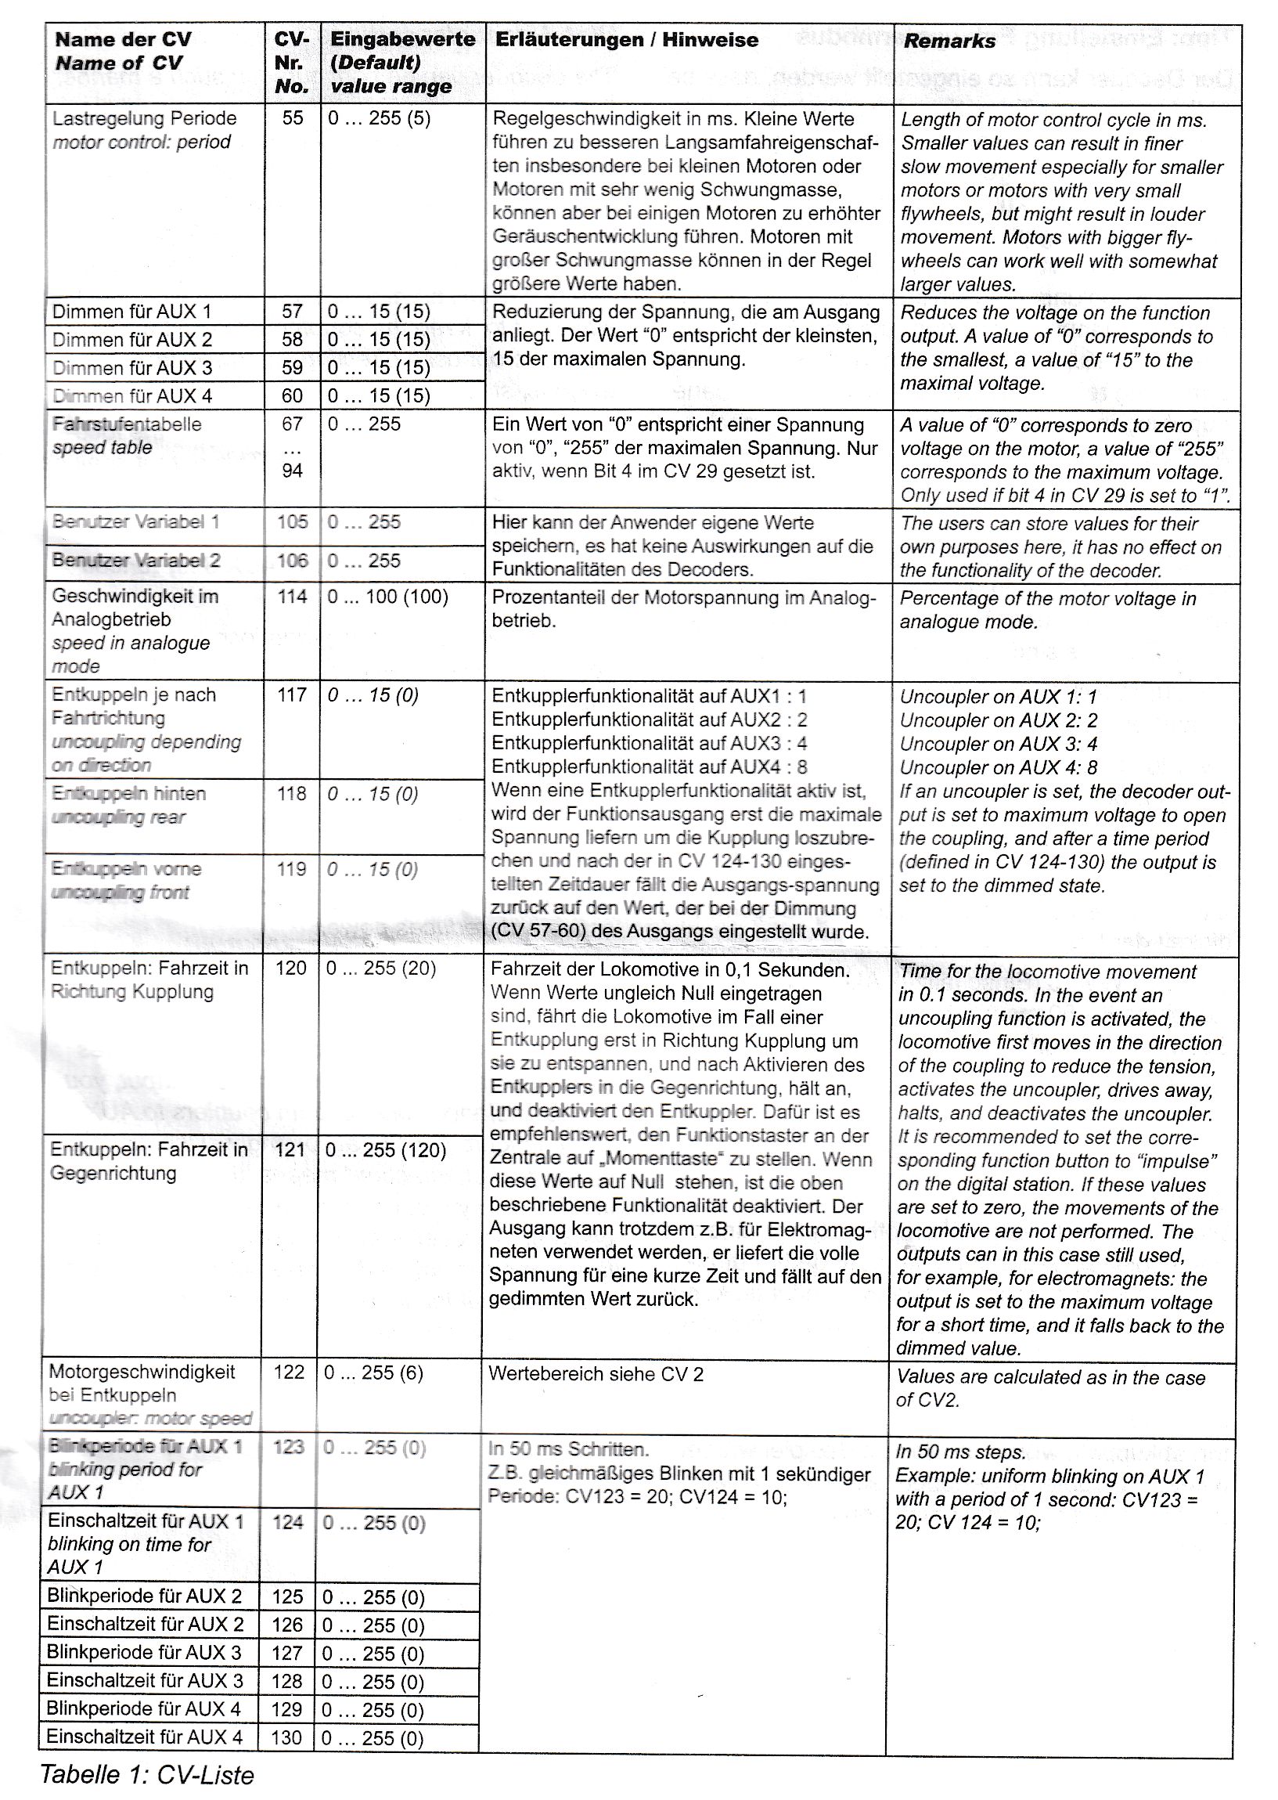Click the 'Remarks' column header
click(x=949, y=41)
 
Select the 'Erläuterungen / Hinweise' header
click(x=626, y=40)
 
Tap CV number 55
click(x=293, y=118)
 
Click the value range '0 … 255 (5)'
click(x=380, y=119)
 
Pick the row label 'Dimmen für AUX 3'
click(x=131, y=367)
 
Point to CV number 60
click(x=292, y=396)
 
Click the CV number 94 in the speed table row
click(x=292, y=471)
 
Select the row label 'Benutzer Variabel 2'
click(x=136, y=561)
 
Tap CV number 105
click(x=293, y=521)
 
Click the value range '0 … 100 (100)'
click(x=387, y=597)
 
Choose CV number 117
click(x=292, y=694)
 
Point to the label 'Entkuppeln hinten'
click(x=129, y=793)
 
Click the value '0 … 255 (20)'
click(x=381, y=968)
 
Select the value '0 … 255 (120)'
click(x=386, y=1150)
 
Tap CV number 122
click(x=289, y=1373)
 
